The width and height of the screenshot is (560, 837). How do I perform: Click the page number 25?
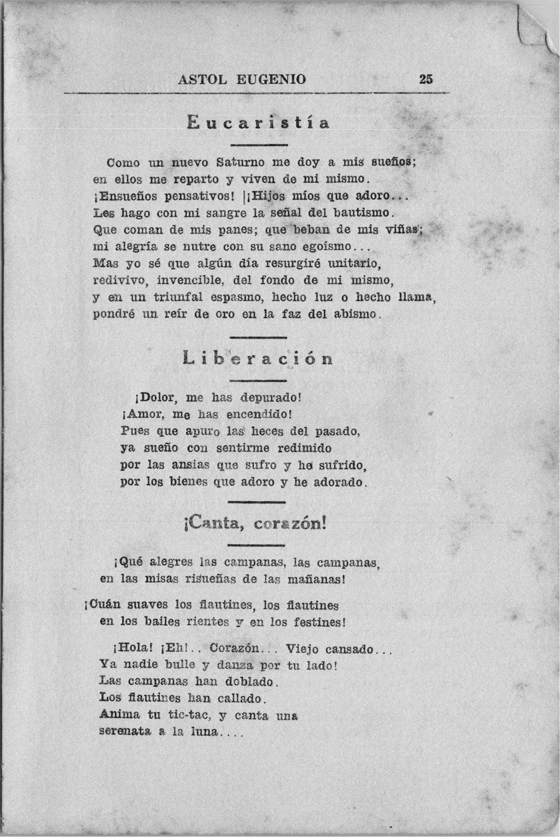click(x=426, y=79)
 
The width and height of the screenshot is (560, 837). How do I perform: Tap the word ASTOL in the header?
click(x=202, y=80)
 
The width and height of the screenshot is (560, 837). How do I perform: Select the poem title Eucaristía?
click(x=258, y=123)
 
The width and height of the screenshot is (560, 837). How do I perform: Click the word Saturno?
click(x=240, y=162)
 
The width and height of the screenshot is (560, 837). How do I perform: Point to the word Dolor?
click(x=158, y=397)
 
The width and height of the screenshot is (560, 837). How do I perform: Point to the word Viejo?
click(x=302, y=649)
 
